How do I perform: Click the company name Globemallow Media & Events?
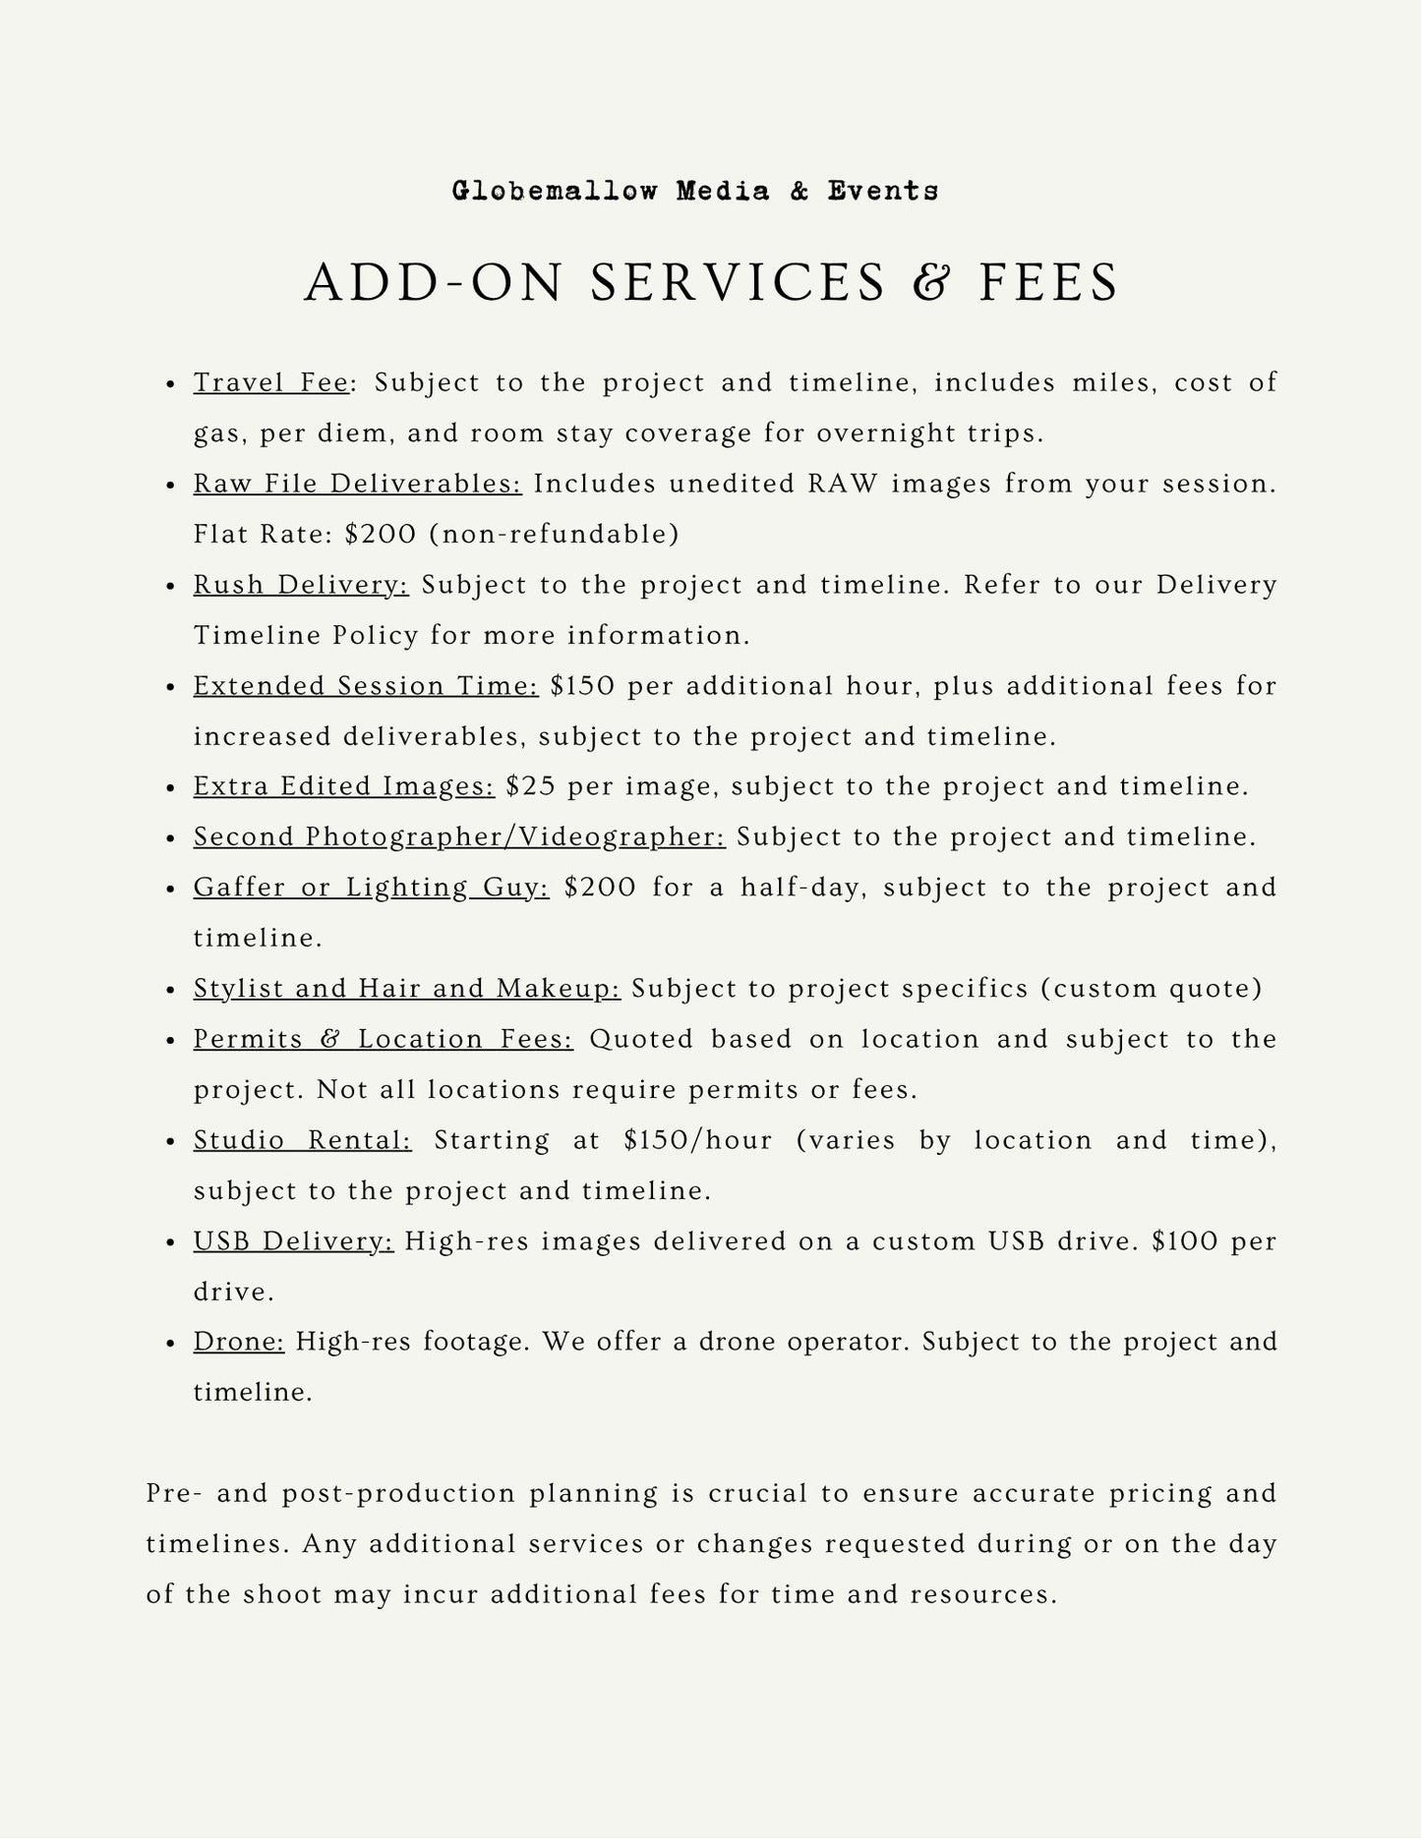(x=694, y=191)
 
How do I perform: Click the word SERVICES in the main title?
(x=739, y=283)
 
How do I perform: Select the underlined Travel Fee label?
(x=271, y=382)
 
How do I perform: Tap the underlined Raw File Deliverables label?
(x=357, y=484)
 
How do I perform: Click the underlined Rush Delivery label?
(x=301, y=585)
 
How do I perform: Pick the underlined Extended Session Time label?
(x=366, y=685)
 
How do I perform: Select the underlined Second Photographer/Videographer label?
(x=459, y=836)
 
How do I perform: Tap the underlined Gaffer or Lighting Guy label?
(x=371, y=888)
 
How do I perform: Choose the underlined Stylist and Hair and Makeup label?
(x=407, y=988)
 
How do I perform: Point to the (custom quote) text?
(x=1152, y=988)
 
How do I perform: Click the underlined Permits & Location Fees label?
(x=383, y=1039)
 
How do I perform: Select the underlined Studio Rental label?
(x=302, y=1140)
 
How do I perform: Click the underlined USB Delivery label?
(x=293, y=1241)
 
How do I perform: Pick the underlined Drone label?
(x=239, y=1342)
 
